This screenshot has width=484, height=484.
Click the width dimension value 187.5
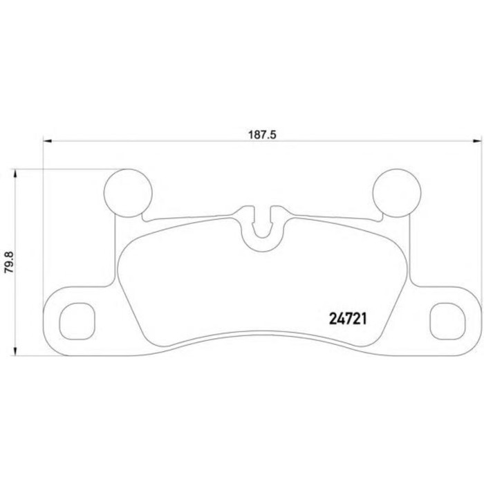pos(262,136)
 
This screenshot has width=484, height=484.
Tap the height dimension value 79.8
pos(9,262)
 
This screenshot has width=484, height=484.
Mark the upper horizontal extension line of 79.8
pos(62,169)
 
